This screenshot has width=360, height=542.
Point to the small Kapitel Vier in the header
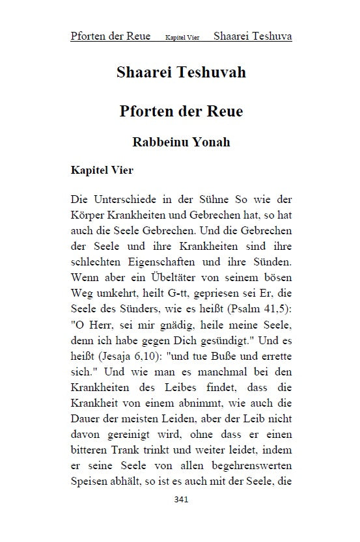click(x=183, y=37)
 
